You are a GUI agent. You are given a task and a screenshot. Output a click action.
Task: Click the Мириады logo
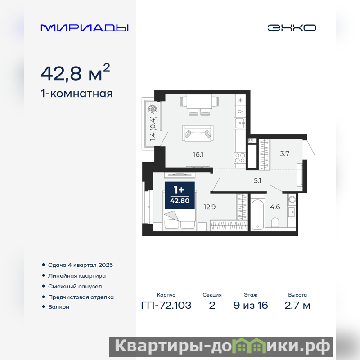[x=85, y=28]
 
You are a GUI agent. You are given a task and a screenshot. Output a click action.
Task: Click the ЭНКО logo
[x=292, y=28]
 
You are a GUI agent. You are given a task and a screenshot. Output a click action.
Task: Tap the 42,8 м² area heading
[x=75, y=72]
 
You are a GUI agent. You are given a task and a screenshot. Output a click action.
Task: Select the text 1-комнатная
[x=76, y=94]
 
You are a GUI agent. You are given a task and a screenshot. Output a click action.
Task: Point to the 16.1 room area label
[x=198, y=154]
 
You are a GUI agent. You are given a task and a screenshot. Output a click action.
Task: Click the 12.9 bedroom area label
[x=210, y=207]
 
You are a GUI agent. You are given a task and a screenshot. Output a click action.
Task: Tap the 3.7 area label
[x=285, y=153]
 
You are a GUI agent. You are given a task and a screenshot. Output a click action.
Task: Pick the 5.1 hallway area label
[x=257, y=181]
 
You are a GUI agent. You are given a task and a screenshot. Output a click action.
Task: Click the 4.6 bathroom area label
[x=275, y=207]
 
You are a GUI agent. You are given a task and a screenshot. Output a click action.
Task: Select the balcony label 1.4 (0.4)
[x=153, y=129]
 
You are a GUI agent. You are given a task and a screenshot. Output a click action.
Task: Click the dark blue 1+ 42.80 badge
[x=180, y=195]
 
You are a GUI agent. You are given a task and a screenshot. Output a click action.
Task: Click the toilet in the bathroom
[x=275, y=222]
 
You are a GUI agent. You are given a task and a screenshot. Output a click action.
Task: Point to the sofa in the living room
[x=198, y=133]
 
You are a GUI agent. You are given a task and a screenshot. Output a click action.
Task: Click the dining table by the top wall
[x=199, y=102]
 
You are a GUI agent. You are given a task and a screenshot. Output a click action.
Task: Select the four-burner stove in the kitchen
[x=240, y=158]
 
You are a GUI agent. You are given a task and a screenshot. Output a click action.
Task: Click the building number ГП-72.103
[x=166, y=306]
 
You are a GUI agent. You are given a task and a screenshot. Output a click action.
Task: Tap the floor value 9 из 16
[x=251, y=306]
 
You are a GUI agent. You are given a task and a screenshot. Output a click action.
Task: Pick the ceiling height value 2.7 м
[x=297, y=306]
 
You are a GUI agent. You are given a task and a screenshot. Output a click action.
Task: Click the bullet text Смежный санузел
[x=75, y=287]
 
